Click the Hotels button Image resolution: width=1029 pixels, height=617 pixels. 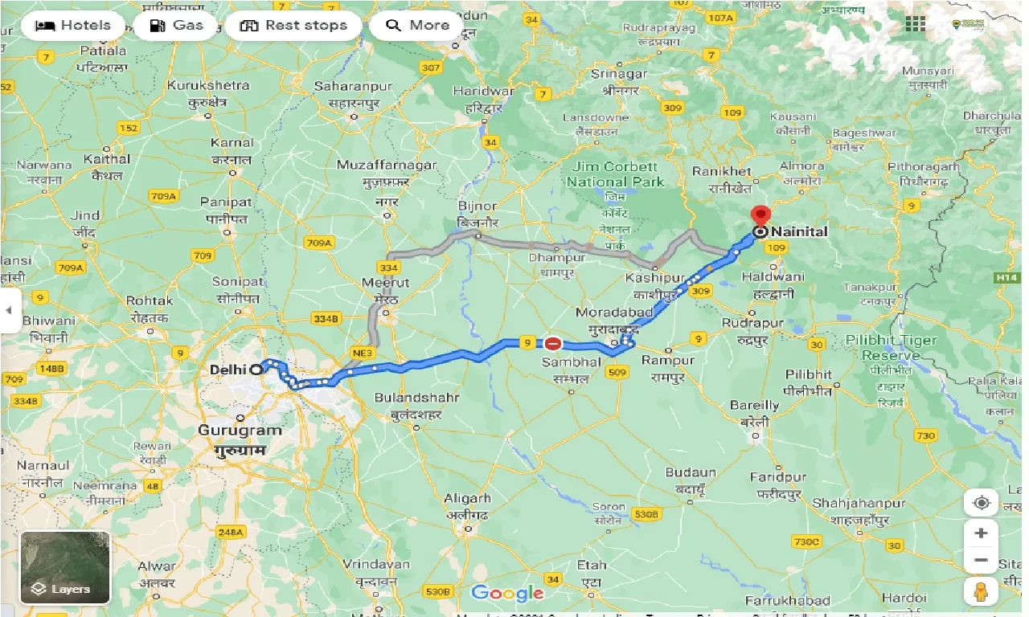(x=73, y=25)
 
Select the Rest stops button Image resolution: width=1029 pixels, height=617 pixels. (x=294, y=25)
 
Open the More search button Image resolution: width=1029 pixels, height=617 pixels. (x=417, y=25)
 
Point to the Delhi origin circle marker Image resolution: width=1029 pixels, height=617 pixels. (x=256, y=370)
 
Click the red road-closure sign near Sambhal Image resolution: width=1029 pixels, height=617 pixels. (x=553, y=344)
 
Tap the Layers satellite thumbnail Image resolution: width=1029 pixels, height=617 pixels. (x=65, y=567)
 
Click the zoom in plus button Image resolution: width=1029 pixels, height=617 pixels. (x=981, y=533)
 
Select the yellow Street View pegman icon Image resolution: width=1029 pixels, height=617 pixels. (x=981, y=591)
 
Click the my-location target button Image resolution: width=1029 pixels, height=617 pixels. (x=981, y=503)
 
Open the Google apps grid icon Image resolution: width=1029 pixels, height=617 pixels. (x=915, y=24)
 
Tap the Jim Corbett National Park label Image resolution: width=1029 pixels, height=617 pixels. (x=615, y=174)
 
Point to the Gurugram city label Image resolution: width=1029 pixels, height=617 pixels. (x=240, y=430)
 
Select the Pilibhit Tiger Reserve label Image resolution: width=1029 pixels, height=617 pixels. (x=891, y=347)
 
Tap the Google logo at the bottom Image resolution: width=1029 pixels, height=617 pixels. (x=507, y=594)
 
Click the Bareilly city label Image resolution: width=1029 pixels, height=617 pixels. (x=754, y=406)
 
